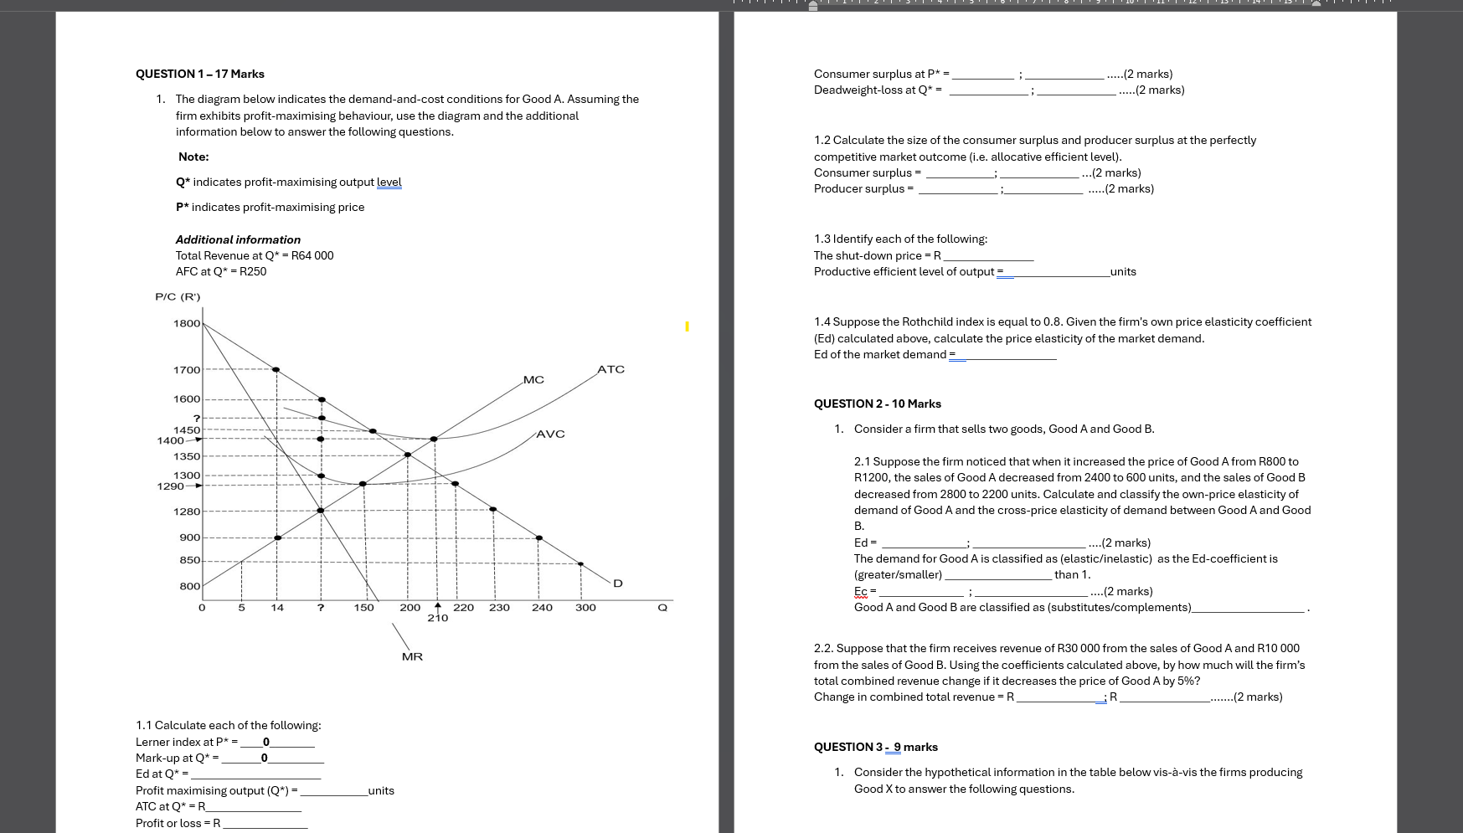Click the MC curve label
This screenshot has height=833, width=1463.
point(533,380)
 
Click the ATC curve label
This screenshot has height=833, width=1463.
point(610,369)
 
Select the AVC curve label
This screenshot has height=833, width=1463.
point(550,434)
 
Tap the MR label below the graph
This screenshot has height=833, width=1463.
point(412,656)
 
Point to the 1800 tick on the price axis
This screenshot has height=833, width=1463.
point(187,323)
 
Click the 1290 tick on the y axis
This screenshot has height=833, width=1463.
point(170,486)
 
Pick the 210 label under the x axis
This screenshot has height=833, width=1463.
point(438,618)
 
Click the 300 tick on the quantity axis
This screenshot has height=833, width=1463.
point(585,607)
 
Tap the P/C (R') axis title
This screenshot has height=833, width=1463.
point(178,296)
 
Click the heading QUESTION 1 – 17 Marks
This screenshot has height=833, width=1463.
point(200,74)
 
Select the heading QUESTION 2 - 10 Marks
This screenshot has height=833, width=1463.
point(877,404)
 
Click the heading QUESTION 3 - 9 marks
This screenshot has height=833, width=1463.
point(875,747)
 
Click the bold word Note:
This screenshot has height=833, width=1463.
point(193,157)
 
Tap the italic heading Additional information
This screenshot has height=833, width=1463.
point(238,239)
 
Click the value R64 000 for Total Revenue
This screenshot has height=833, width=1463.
point(312,255)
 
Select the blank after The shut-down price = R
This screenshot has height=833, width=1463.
point(988,256)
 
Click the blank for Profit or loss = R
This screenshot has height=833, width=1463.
point(265,824)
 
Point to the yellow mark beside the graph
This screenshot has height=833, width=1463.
point(687,326)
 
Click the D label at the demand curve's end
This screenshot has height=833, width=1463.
point(618,583)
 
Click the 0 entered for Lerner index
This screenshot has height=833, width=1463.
point(266,742)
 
